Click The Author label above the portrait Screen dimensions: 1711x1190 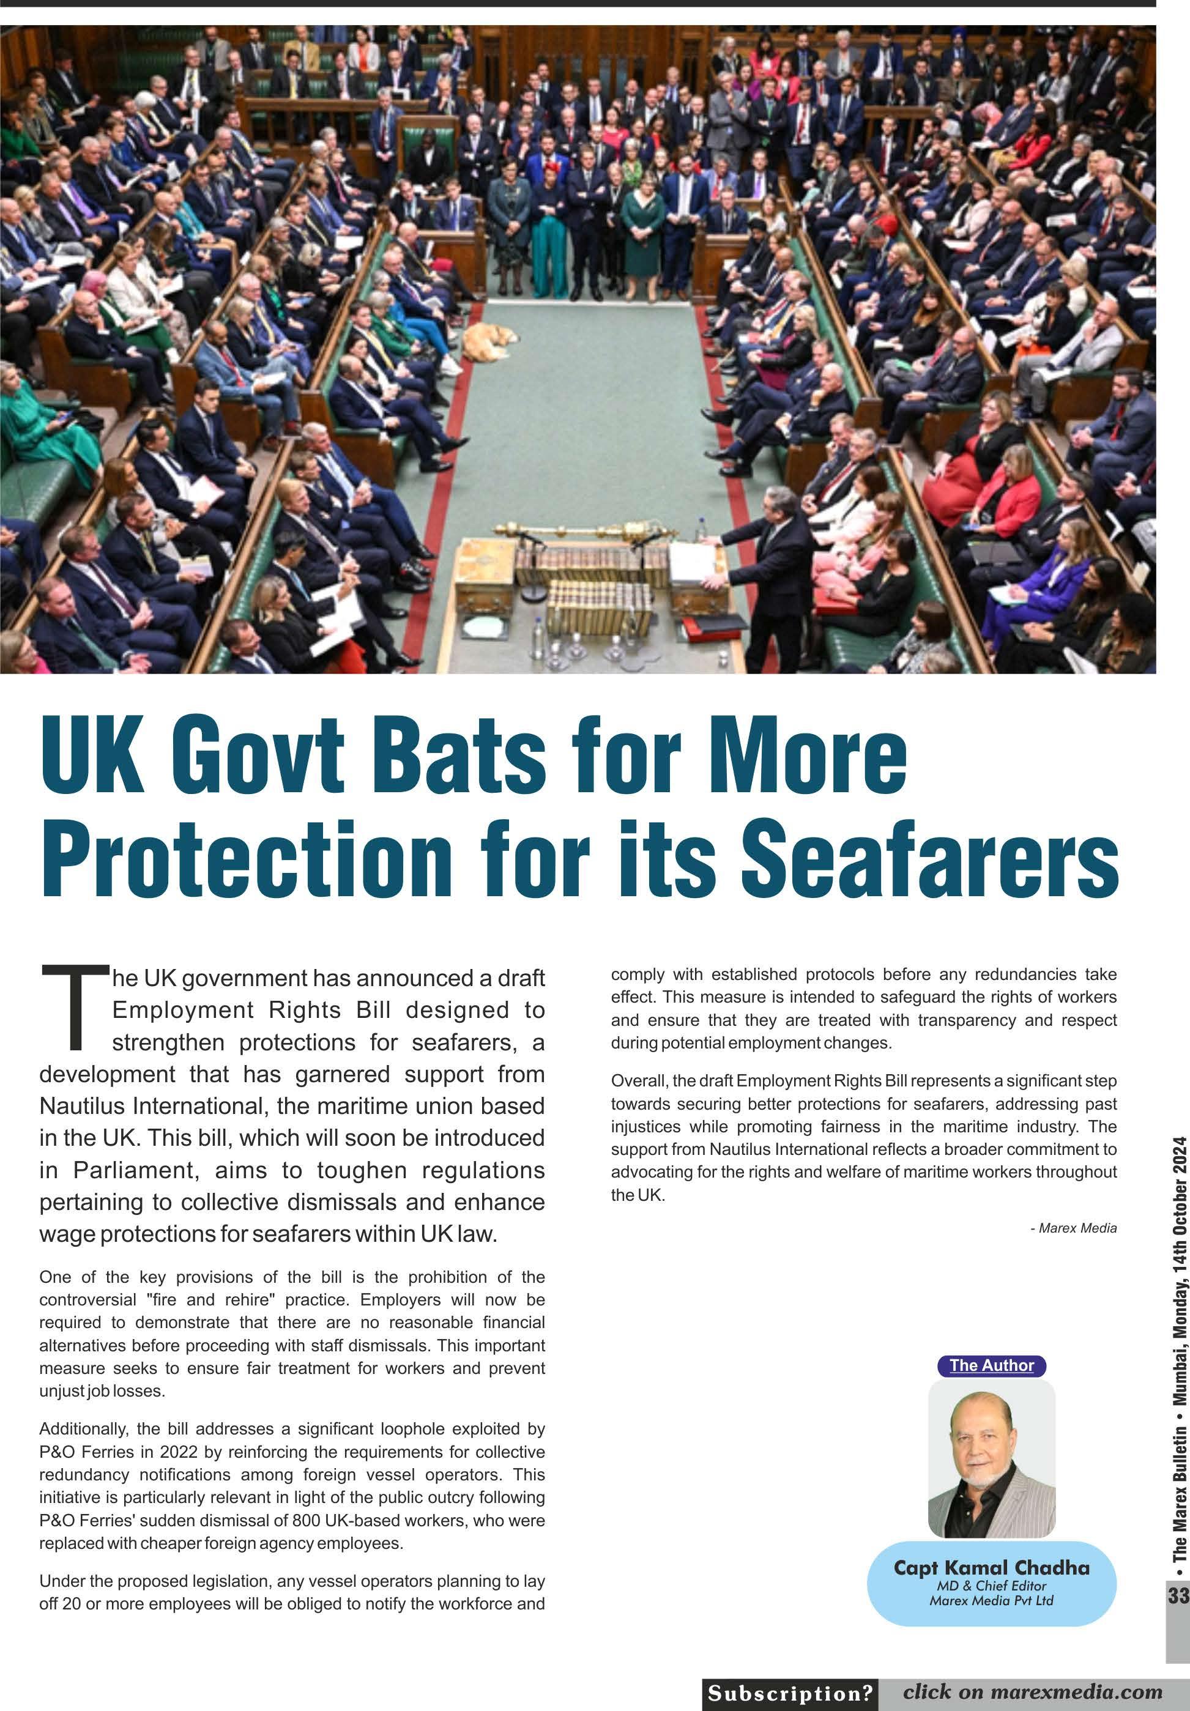coord(991,1365)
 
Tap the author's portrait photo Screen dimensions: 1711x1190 coord(991,1457)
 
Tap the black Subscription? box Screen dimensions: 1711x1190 coord(790,1693)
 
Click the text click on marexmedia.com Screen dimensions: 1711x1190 coord(1032,1693)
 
